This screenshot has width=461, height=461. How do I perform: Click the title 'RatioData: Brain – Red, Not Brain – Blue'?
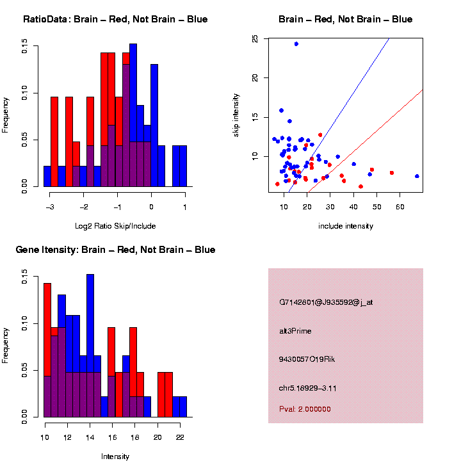point(115,19)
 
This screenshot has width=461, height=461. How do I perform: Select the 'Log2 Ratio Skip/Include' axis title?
point(115,225)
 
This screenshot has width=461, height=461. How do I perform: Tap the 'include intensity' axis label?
point(346,225)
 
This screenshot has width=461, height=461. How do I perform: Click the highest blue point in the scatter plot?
point(296,44)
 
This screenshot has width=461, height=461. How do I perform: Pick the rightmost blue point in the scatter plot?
point(417,176)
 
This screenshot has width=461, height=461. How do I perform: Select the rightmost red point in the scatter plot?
point(391,173)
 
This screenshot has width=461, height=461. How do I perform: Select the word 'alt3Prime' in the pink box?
point(295,331)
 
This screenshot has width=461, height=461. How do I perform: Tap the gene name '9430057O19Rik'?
point(307,359)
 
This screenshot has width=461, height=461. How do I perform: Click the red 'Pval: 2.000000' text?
point(305,409)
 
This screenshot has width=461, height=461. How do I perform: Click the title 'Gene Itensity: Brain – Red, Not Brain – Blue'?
point(115,250)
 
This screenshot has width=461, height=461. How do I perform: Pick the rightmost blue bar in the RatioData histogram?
point(183,166)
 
